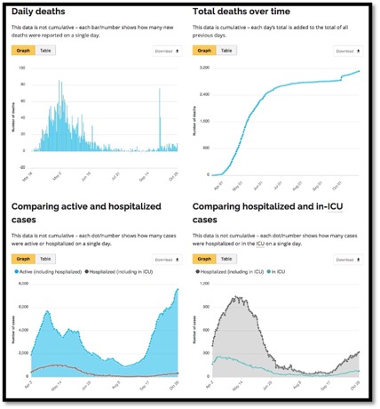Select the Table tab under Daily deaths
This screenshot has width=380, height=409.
(x=46, y=51)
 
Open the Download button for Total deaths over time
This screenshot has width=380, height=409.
(x=348, y=52)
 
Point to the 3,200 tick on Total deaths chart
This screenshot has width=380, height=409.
(x=204, y=68)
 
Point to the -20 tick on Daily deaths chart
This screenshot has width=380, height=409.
(x=26, y=166)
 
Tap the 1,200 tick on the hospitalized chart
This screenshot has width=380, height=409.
(x=204, y=284)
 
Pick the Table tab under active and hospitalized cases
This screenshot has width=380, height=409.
(x=46, y=259)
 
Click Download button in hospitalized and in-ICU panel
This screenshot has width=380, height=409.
(x=348, y=260)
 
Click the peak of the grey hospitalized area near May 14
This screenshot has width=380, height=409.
(x=238, y=298)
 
